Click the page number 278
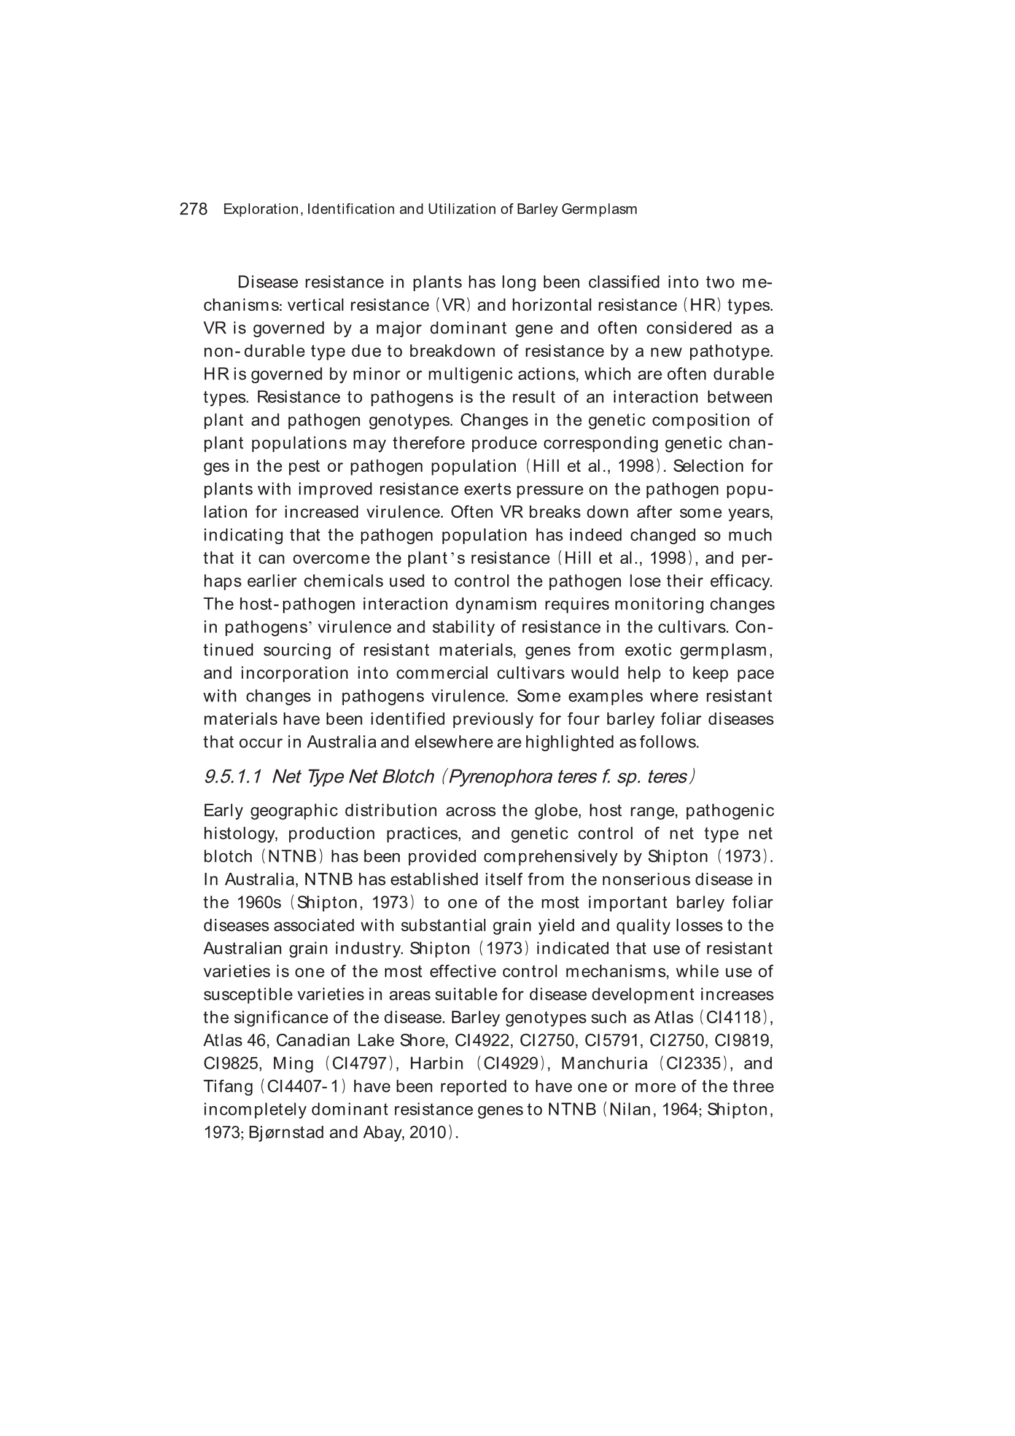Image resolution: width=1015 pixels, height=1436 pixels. [193, 209]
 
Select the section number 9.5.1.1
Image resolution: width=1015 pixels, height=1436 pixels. [233, 777]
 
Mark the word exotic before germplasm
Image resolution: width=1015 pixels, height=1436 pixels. [647, 650]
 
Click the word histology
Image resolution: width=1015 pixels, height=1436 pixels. [241, 833]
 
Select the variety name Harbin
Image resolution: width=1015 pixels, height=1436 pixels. [437, 1063]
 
